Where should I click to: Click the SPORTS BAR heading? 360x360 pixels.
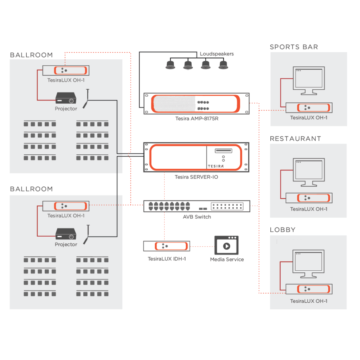point(294,47)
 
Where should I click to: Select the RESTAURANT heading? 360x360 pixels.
point(295,139)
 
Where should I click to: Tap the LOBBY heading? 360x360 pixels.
point(283,230)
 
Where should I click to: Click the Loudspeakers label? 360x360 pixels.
point(217,54)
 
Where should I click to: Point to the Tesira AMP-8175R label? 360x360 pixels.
point(197,118)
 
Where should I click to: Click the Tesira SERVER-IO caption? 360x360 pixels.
point(197,177)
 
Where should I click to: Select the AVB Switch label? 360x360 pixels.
point(197,217)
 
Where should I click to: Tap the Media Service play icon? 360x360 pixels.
point(226,245)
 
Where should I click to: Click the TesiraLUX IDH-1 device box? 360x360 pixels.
point(167,246)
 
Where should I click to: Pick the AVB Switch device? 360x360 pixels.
point(197,206)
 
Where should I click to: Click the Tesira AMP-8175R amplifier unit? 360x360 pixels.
point(197,103)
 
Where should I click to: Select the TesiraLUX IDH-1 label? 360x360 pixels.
point(167,259)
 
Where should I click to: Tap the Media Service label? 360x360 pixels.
point(227,259)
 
